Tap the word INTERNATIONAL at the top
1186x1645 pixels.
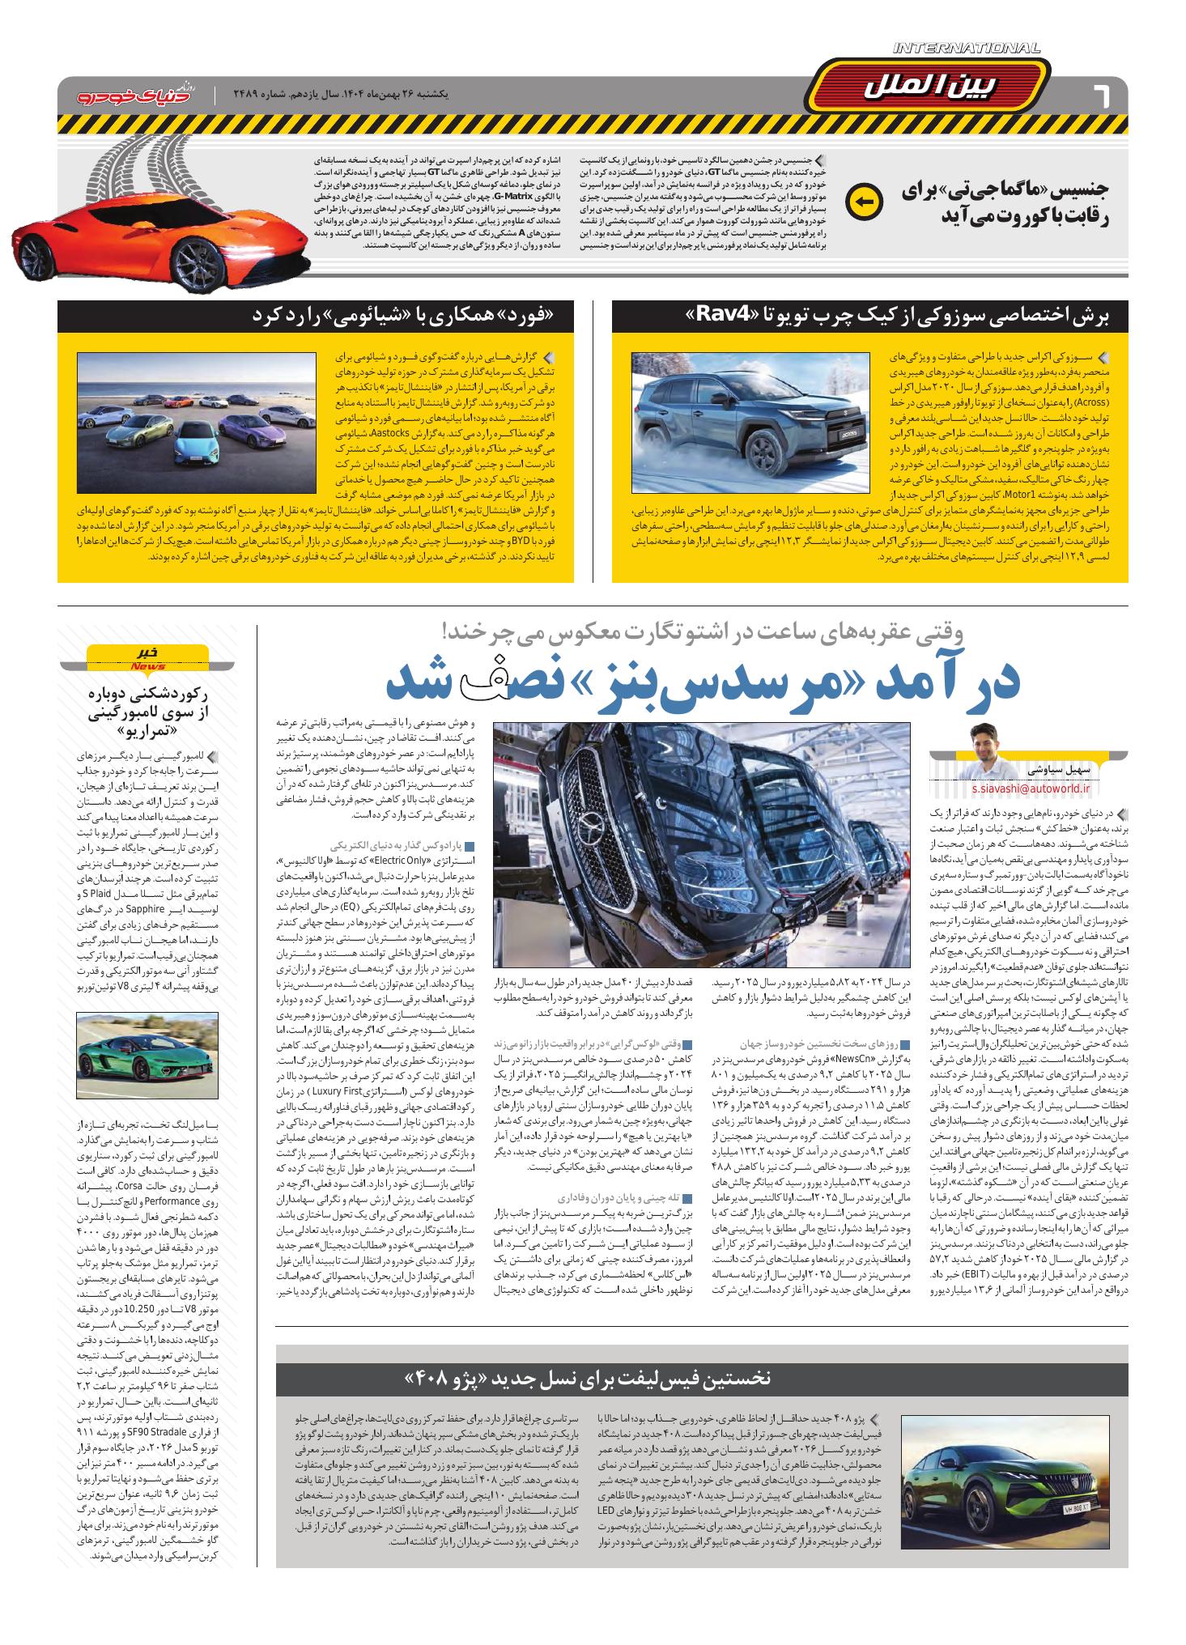pyautogui.click(x=966, y=49)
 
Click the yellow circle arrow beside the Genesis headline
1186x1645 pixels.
pyautogui.click(x=861, y=203)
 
